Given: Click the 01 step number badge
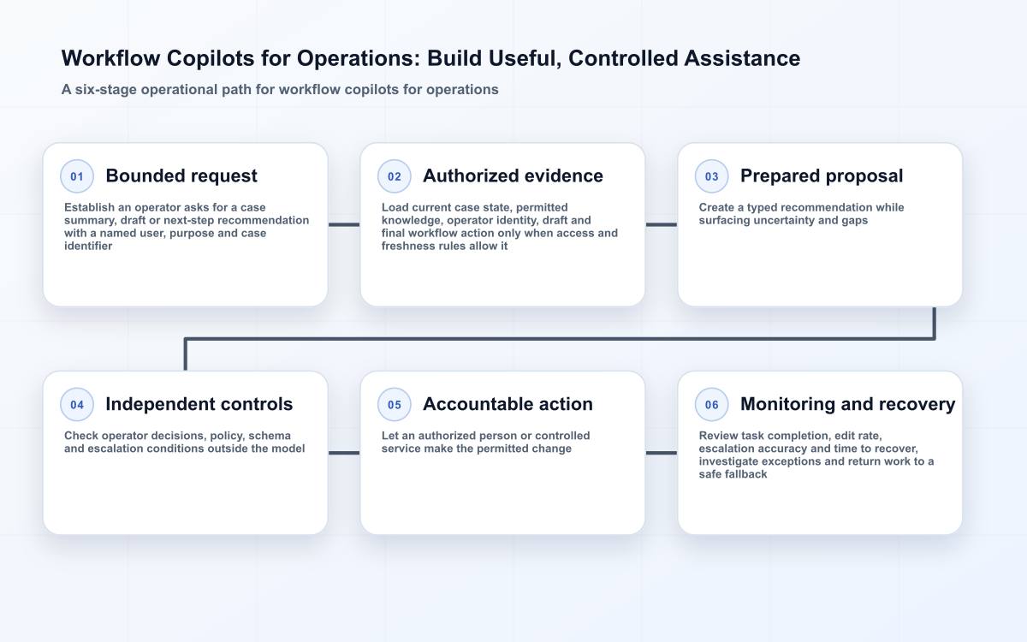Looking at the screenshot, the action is pyautogui.click(x=77, y=176).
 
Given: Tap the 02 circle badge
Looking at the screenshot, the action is pyautogui.click(x=395, y=176).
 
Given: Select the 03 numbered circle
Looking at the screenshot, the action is pyautogui.click(x=711, y=176).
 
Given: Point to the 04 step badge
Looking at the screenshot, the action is pyautogui.click(x=77, y=404).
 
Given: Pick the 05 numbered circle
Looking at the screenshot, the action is pyautogui.click(x=395, y=404).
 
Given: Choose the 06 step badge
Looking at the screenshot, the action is pyautogui.click(x=711, y=404).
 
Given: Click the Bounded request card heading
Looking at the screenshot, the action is pyautogui.click(x=181, y=176).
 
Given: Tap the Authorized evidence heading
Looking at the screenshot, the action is pyautogui.click(x=513, y=176).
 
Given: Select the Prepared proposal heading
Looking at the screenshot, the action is pyautogui.click(x=822, y=176).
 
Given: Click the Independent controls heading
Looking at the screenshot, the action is pyautogui.click(x=199, y=404).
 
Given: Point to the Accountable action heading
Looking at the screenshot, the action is pyautogui.click(x=508, y=404).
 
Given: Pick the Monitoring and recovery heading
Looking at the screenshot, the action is pyautogui.click(x=848, y=404).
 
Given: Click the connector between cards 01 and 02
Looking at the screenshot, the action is pyautogui.click(x=344, y=224).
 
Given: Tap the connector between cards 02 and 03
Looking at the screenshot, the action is pyautogui.click(x=661, y=224).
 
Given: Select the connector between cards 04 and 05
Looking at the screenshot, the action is pyautogui.click(x=344, y=453).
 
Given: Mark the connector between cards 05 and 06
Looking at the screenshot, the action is pyautogui.click(x=661, y=453).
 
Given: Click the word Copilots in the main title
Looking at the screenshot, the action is pyautogui.click(x=211, y=59).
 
